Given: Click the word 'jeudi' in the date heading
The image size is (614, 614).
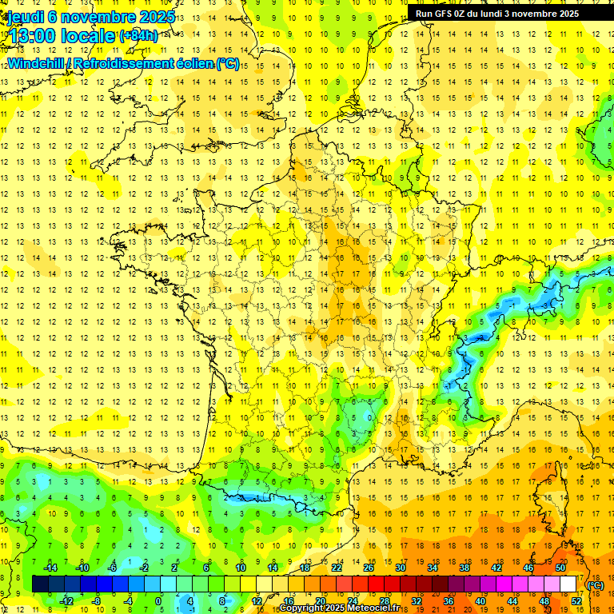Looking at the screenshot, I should (25, 17).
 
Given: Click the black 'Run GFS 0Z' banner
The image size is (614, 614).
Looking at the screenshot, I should (508, 14).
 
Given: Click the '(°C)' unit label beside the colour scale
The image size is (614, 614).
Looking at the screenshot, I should (596, 585).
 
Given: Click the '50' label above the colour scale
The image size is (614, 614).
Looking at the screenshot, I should (560, 568).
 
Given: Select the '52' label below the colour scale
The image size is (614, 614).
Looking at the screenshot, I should (576, 601).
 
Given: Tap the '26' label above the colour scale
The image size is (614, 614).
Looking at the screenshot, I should (369, 568).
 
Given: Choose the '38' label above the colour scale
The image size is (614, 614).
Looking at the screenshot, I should (464, 568).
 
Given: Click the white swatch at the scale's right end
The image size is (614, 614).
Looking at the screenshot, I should (568, 584).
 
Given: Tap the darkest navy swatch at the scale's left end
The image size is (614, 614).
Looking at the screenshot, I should (40, 584).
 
